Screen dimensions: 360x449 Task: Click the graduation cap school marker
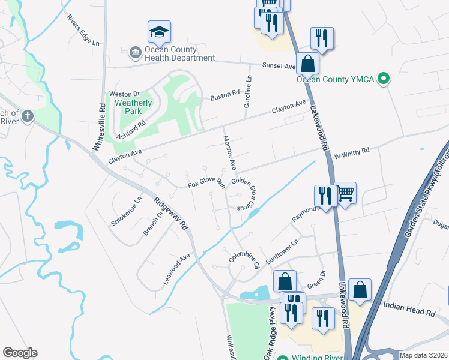[x=160, y=32]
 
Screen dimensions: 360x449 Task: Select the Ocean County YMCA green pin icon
[x=385, y=78]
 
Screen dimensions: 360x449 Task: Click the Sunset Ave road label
[x=279, y=66]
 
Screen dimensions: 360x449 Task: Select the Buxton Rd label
[x=224, y=94]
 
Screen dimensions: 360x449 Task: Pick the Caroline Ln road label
[x=247, y=92]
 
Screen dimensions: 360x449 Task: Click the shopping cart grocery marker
[x=345, y=194]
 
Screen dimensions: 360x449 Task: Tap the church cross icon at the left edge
[x=27, y=116]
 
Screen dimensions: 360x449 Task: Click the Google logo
[x=20, y=353]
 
